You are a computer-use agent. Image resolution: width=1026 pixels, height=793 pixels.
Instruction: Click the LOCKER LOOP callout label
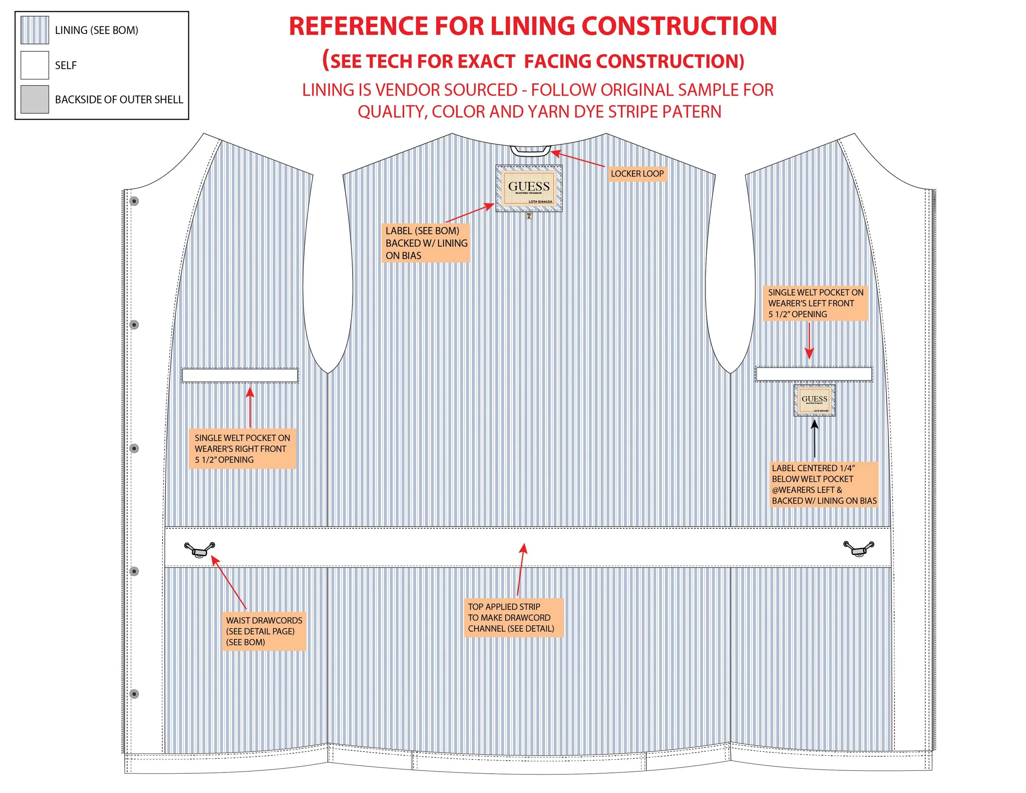tap(637, 174)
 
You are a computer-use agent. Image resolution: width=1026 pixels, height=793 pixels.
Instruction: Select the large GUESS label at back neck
tap(529, 188)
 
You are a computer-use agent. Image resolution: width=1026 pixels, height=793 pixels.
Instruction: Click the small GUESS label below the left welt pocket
tap(814, 400)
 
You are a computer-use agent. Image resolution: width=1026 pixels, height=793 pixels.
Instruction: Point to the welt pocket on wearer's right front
tap(240, 375)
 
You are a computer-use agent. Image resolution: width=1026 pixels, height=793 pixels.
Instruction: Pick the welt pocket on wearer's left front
tap(814, 374)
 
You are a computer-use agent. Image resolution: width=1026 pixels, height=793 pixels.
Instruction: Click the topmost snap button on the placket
tap(134, 201)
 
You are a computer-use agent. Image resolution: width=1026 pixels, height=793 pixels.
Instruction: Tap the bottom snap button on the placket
tap(134, 694)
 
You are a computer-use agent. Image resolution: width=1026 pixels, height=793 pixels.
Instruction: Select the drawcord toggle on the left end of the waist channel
tap(199, 549)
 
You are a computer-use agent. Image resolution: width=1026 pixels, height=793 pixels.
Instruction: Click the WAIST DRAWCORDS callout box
tap(264, 631)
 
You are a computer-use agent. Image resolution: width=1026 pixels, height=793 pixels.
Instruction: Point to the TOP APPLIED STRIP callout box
tap(513, 617)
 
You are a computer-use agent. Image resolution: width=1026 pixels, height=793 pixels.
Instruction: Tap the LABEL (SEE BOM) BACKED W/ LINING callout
tap(426, 243)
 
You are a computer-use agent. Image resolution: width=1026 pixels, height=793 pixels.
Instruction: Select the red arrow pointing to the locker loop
tap(578, 159)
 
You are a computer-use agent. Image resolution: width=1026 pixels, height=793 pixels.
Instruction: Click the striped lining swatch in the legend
tap(34, 30)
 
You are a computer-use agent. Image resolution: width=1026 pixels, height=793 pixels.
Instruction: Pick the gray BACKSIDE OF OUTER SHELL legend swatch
tap(34, 99)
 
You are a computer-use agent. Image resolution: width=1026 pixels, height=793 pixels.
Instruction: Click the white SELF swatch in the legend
tap(34, 65)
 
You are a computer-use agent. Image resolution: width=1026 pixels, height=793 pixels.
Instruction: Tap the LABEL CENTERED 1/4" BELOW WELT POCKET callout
tap(824, 484)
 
